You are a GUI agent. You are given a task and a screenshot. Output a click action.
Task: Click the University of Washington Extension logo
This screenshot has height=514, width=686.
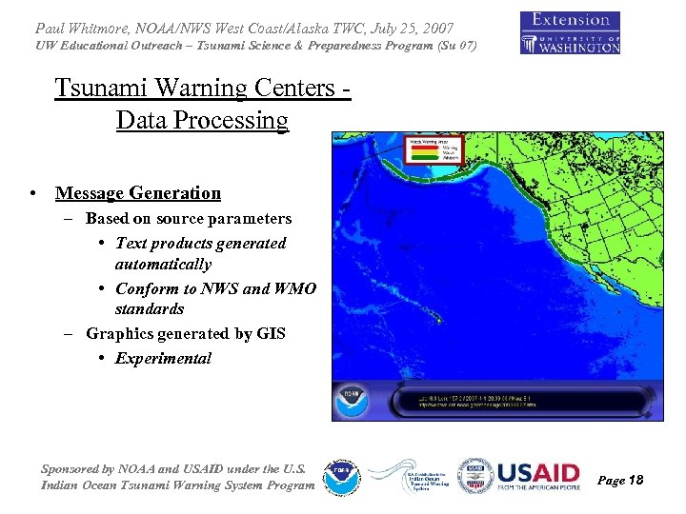[x=570, y=32]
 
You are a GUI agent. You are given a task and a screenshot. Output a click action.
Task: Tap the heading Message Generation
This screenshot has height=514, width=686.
[x=138, y=193]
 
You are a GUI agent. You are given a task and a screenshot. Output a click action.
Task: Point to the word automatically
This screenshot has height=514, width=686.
[x=163, y=264]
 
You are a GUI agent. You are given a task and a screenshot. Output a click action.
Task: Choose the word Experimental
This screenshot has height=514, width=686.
[x=163, y=359]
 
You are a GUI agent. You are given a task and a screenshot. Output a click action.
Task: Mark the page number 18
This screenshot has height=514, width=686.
[x=636, y=481]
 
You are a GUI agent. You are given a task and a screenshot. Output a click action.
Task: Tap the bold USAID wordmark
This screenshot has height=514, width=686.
[x=538, y=473]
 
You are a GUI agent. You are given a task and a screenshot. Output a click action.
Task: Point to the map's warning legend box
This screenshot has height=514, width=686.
[x=434, y=149]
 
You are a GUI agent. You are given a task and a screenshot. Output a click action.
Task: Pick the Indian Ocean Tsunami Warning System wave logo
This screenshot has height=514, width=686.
[x=407, y=475]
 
